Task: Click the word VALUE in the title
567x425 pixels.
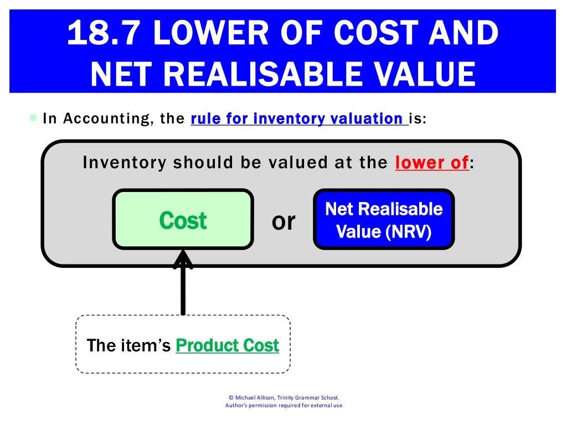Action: tap(424, 74)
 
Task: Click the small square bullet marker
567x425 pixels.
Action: tap(33, 118)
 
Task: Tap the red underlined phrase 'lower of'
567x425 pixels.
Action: tap(432, 163)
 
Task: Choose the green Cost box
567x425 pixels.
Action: tap(183, 220)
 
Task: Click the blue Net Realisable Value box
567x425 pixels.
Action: tap(384, 220)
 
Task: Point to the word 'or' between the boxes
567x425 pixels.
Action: tap(283, 221)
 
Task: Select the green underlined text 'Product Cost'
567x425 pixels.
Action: tap(227, 345)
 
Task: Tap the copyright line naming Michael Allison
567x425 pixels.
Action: tap(283, 397)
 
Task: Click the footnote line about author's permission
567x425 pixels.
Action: tap(283, 406)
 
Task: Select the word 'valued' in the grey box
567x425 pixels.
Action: tap(302, 163)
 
